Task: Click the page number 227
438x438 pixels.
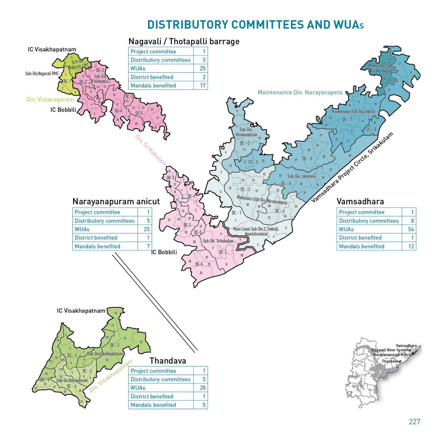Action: (x=414, y=422)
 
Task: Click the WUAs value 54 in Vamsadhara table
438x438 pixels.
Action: (x=411, y=229)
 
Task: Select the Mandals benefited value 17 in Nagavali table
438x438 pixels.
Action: (x=203, y=85)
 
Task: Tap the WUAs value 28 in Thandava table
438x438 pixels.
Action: (x=203, y=388)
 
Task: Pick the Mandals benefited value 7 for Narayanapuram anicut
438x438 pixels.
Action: (x=148, y=246)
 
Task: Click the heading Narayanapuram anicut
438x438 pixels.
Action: (x=116, y=201)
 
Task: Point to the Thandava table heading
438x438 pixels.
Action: (x=168, y=361)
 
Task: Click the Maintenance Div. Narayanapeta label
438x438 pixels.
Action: (x=300, y=92)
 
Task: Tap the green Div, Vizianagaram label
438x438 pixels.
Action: (x=50, y=100)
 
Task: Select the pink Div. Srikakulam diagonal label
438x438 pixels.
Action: (x=151, y=150)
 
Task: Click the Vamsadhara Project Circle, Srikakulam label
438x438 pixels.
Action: (x=352, y=168)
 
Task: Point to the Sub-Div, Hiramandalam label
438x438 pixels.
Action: (x=246, y=132)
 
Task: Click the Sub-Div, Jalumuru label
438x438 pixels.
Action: (x=301, y=176)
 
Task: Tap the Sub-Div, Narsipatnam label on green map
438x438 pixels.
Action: (x=72, y=380)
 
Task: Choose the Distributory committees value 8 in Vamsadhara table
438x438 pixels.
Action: (x=412, y=221)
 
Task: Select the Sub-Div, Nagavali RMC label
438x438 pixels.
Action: (x=42, y=73)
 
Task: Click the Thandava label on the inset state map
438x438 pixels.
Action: (x=390, y=361)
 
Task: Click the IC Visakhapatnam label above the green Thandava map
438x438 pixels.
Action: (x=81, y=311)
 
